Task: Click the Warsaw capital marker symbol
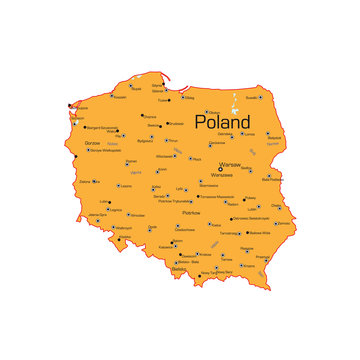[x=221, y=169]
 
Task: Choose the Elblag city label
[x=189, y=98]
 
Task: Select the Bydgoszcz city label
[x=145, y=141]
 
